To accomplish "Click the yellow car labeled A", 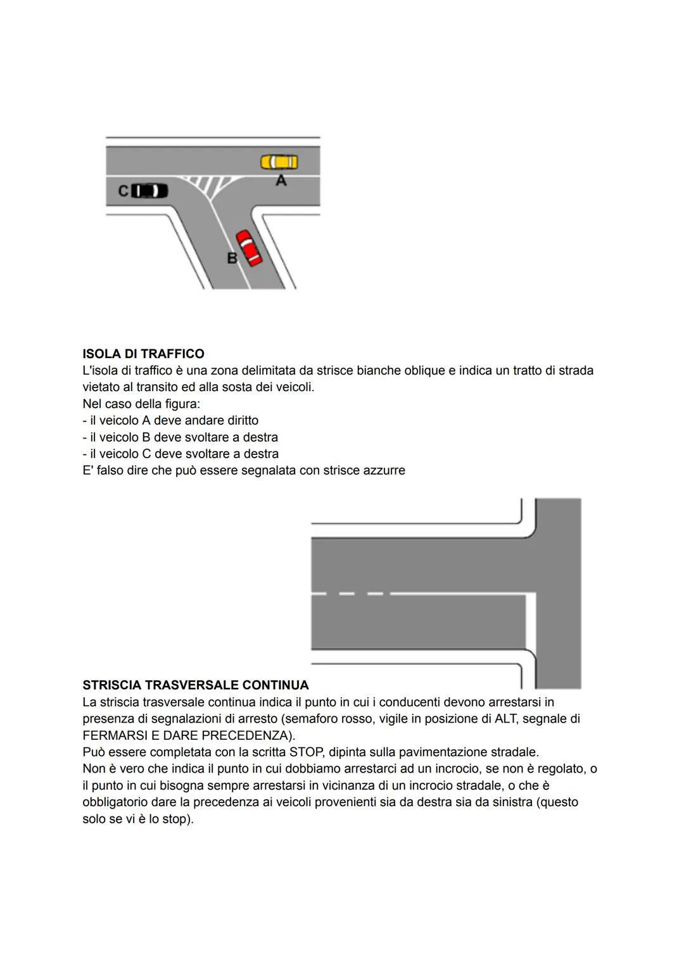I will (x=279, y=163).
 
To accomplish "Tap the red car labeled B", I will (x=249, y=247).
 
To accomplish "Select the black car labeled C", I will (x=149, y=190).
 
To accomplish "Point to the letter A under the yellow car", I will (x=281, y=181).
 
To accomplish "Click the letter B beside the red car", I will (x=232, y=258).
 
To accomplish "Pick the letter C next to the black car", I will (x=123, y=190).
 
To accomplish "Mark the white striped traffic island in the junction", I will (x=208, y=184).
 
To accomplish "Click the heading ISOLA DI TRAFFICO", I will (x=143, y=354).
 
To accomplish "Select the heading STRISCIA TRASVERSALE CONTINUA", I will (x=195, y=685).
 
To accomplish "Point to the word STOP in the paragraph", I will (x=306, y=752).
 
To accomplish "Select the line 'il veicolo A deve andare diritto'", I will (x=170, y=421).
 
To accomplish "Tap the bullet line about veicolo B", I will (x=180, y=437).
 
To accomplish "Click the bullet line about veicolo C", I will (x=180, y=454).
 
